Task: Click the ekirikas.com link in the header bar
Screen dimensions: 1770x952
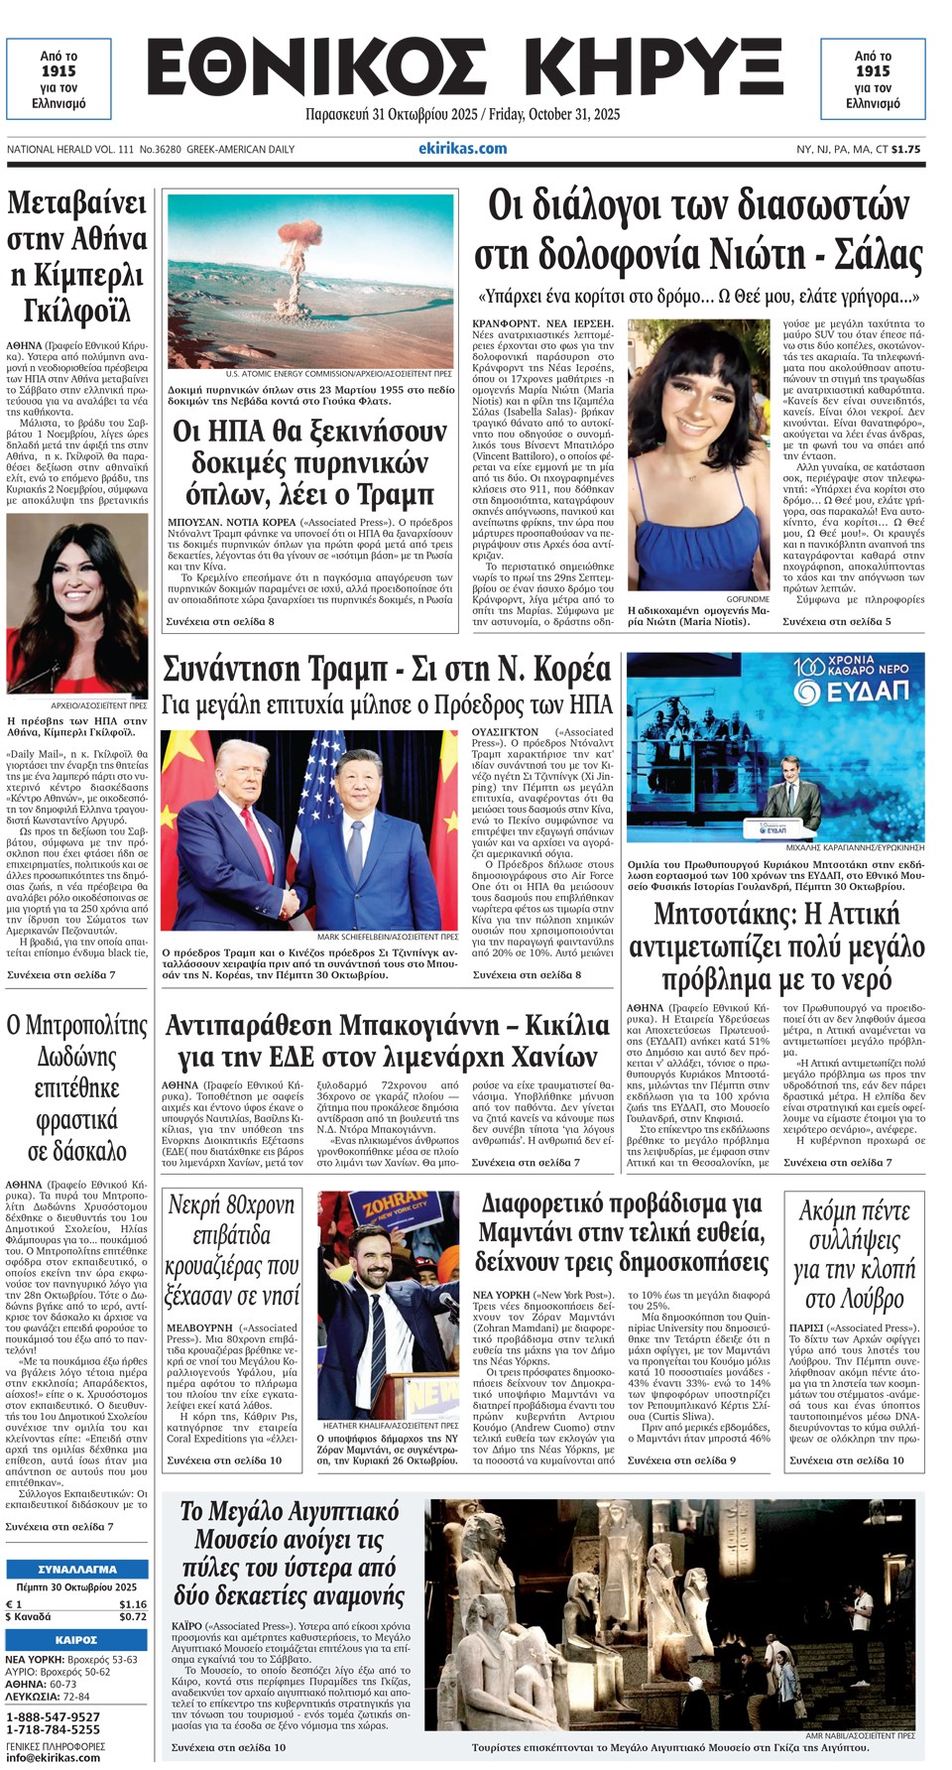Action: coord(462,149)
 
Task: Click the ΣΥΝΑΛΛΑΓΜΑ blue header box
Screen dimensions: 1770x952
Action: coord(76,1570)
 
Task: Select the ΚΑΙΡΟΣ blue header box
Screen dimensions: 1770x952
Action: coord(76,1639)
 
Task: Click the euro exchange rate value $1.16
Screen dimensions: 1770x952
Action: coord(132,1604)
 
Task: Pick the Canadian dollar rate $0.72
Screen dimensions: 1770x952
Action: coord(132,1616)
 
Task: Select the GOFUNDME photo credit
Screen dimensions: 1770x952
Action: coord(748,599)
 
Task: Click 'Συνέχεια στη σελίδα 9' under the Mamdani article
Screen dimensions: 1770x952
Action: coord(681,1460)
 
